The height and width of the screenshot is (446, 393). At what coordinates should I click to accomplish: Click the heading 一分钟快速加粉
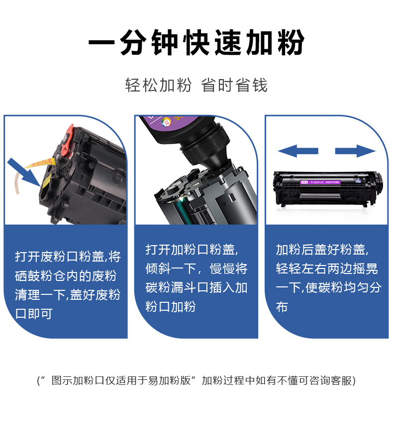pos(196,42)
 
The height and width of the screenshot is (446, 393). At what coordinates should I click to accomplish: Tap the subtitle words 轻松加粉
pos(158,85)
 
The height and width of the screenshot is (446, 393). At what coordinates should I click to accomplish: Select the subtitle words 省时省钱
pos(234,85)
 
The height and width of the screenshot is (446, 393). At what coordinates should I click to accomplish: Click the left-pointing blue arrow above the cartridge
pos(297,151)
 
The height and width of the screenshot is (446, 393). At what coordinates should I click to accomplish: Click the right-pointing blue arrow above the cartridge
pos(355,151)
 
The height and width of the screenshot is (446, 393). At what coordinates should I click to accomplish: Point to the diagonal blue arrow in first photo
pos(24,173)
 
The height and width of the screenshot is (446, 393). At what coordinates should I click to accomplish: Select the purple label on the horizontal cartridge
pos(321,182)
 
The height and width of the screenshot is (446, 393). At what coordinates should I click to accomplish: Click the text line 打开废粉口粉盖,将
pos(68,257)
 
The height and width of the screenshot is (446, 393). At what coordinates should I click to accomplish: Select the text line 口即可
pos(34,313)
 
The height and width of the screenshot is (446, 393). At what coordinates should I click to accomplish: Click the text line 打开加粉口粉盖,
pos(192,250)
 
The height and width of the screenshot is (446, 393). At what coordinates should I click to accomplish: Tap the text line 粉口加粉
pos(171,306)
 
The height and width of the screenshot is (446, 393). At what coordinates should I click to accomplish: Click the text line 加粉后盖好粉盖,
pos(322,250)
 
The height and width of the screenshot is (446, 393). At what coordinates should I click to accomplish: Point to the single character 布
pos(282,307)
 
